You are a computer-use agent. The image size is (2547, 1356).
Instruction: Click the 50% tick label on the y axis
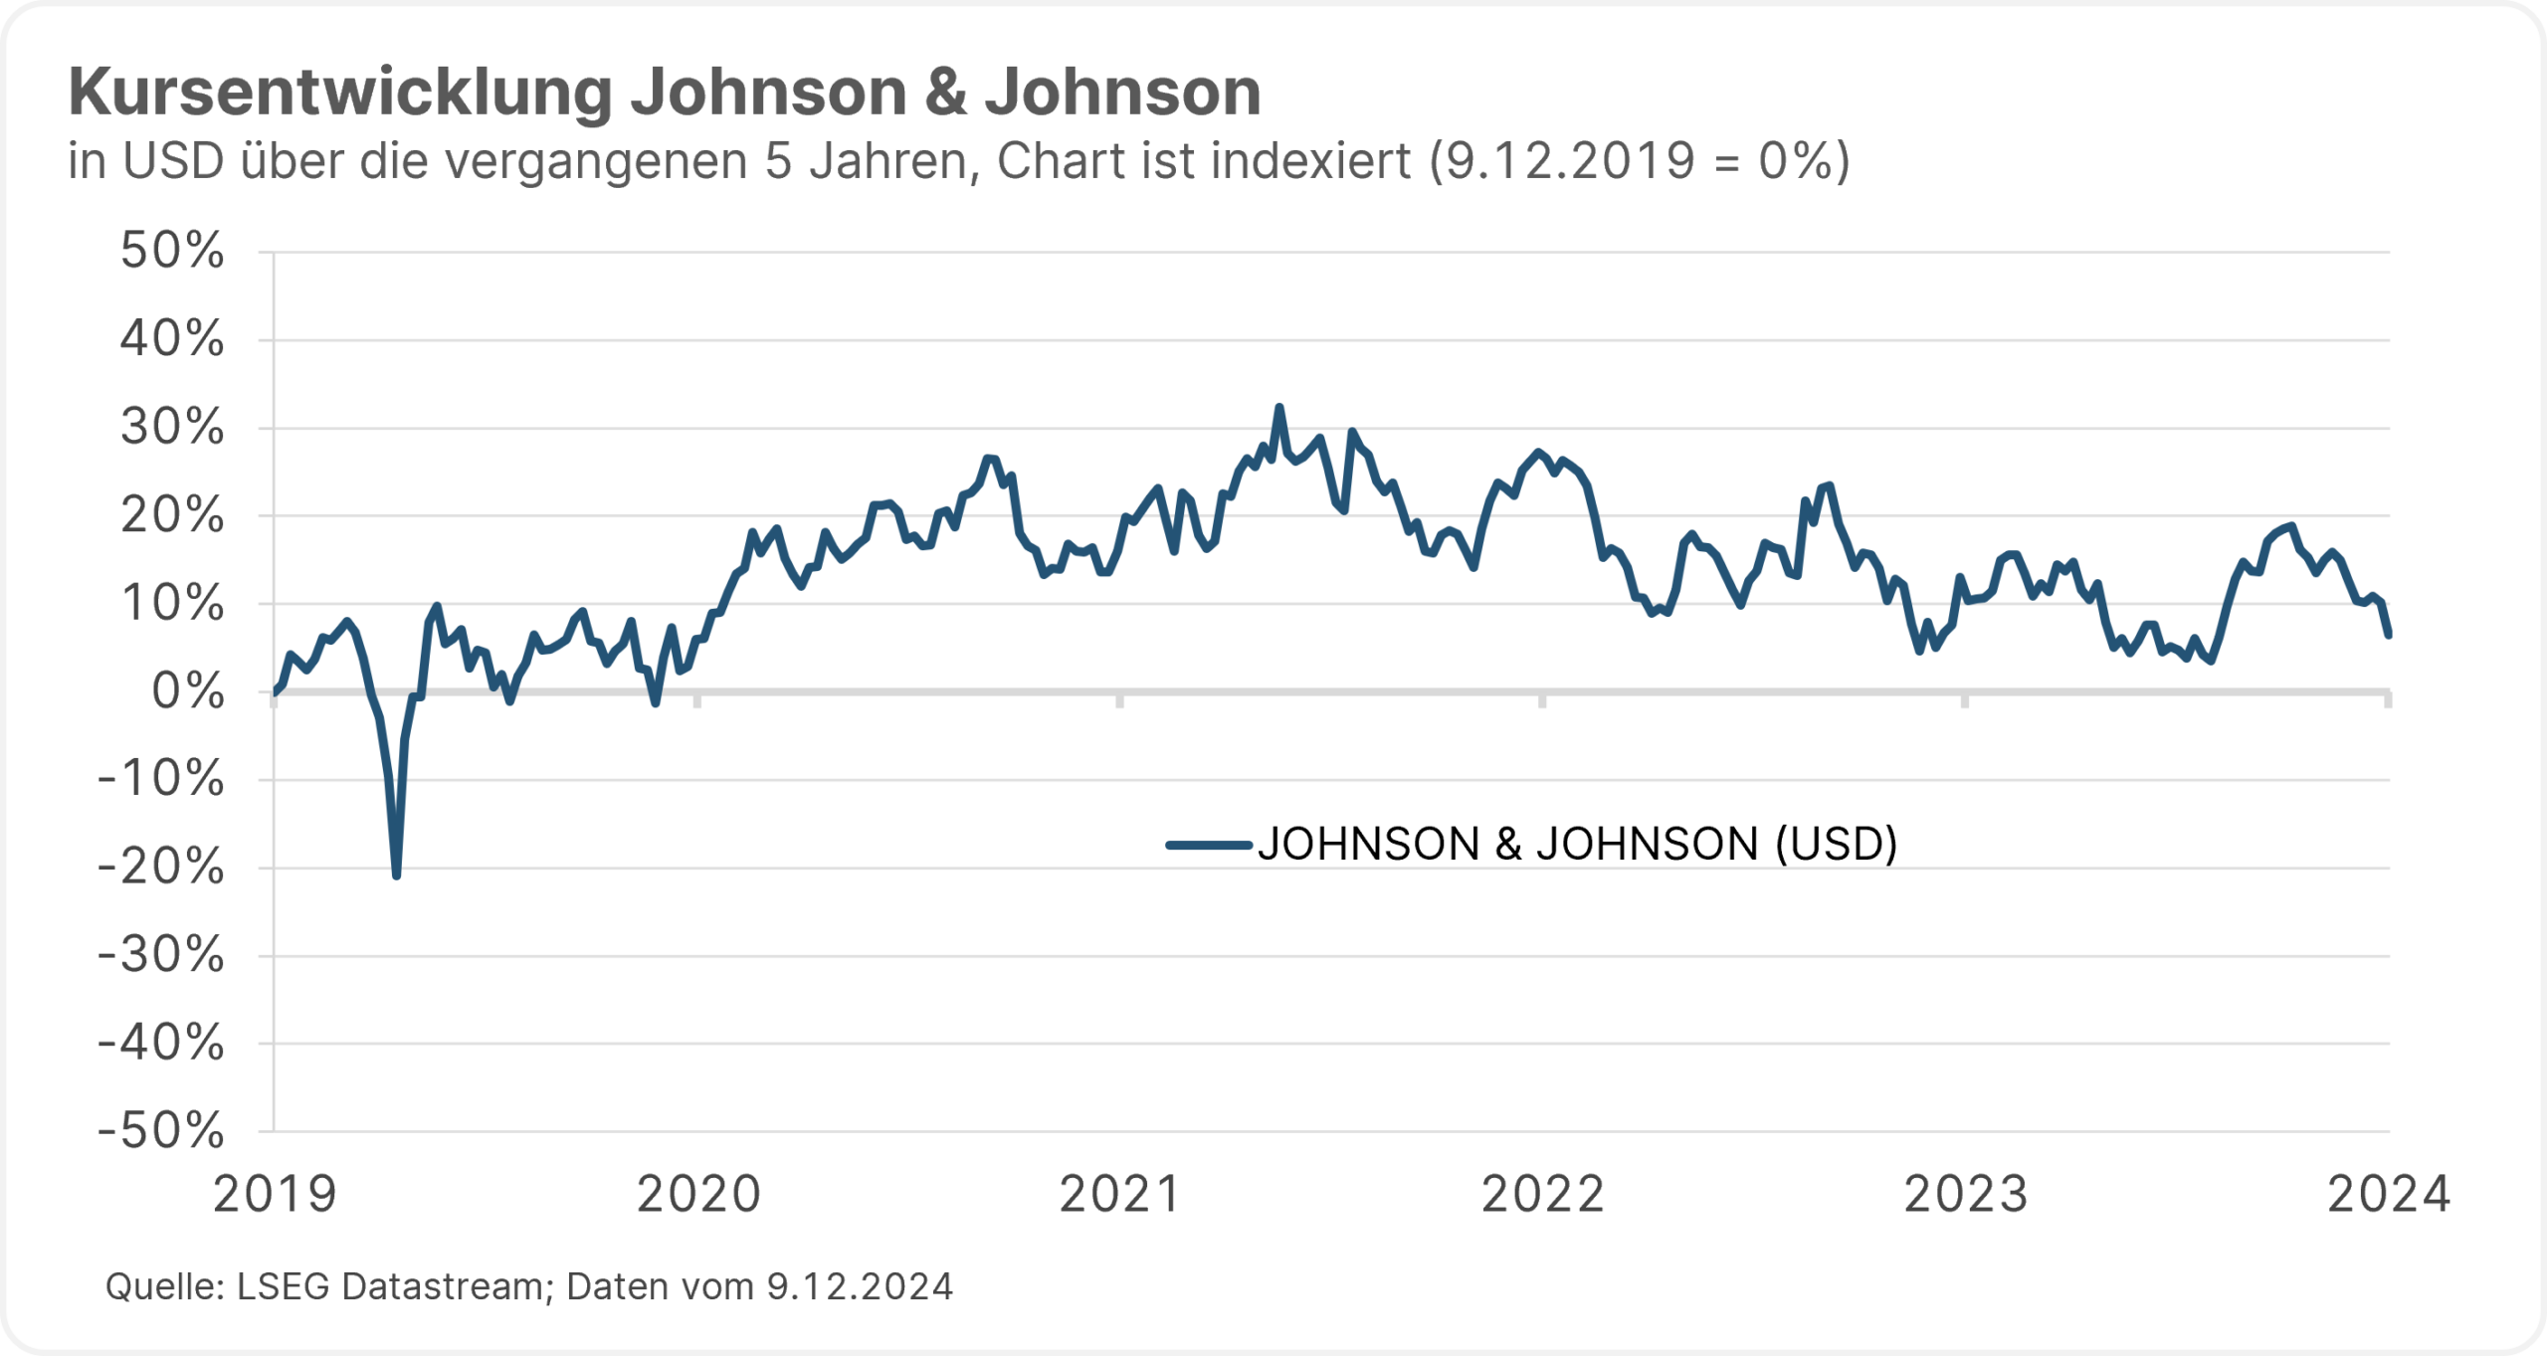coord(172,251)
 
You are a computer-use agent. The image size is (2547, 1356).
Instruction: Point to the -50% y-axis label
coord(161,1130)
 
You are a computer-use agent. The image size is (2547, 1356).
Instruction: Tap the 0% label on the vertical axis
coord(188,691)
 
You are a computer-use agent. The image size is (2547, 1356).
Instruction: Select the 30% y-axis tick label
coord(172,428)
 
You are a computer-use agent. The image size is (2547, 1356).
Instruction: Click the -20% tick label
coord(161,867)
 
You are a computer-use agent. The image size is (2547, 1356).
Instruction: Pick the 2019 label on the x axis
coord(276,1194)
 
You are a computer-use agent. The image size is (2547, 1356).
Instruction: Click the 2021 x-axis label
coord(1120,1194)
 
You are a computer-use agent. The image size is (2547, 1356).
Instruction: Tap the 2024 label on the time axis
coord(2388,1194)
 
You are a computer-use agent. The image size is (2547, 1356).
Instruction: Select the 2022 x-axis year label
coord(1543,1194)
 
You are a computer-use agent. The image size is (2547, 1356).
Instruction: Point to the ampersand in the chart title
coord(945,93)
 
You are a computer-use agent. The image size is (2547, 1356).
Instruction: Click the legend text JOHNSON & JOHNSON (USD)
coord(1577,844)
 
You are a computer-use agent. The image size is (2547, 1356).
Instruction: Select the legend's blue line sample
coord(1209,846)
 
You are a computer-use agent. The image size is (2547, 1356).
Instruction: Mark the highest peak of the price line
coord(1279,407)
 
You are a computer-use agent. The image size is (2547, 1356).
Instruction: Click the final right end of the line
coord(2388,635)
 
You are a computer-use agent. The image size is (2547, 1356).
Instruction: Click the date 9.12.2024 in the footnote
coord(860,1286)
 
